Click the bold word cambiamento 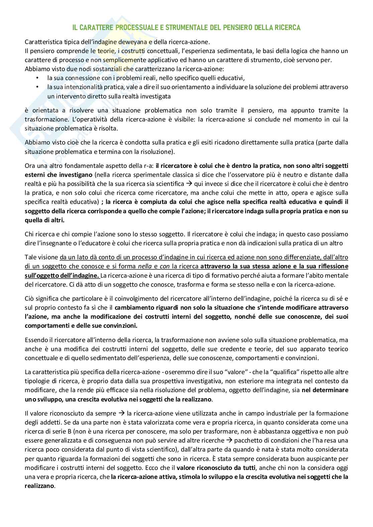(139, 307)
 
